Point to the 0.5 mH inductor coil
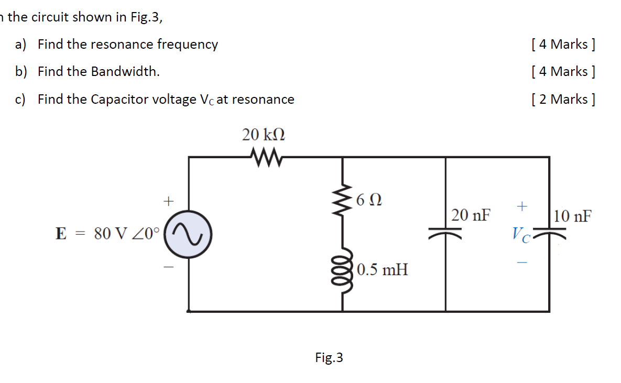[x=343, y=270]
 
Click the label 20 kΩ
[x=264, y=135]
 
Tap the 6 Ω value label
[x=368, y=200]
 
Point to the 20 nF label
[x=472, y=215]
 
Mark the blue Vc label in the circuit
[x=522, y=234]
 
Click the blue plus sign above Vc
[x=522, y=207]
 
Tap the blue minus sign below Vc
[x=522, y=262]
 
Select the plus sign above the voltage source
[x=168, y=201]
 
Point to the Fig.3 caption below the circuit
[x=329, y=358]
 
